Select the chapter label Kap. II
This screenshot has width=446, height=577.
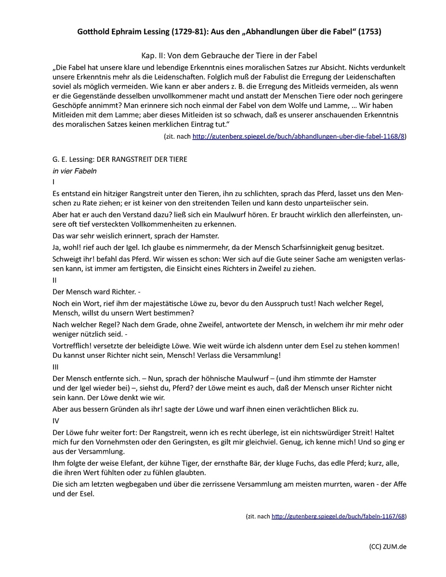tap(149, 56)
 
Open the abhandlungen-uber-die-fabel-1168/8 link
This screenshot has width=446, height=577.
tap(298, 137)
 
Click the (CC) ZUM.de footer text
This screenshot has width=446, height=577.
tap(388, 547)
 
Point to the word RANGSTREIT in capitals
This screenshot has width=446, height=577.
tap(130, 159)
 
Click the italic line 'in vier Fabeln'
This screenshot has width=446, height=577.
tap(75, 170)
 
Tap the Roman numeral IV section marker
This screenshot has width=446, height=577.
tap(56, 421)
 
